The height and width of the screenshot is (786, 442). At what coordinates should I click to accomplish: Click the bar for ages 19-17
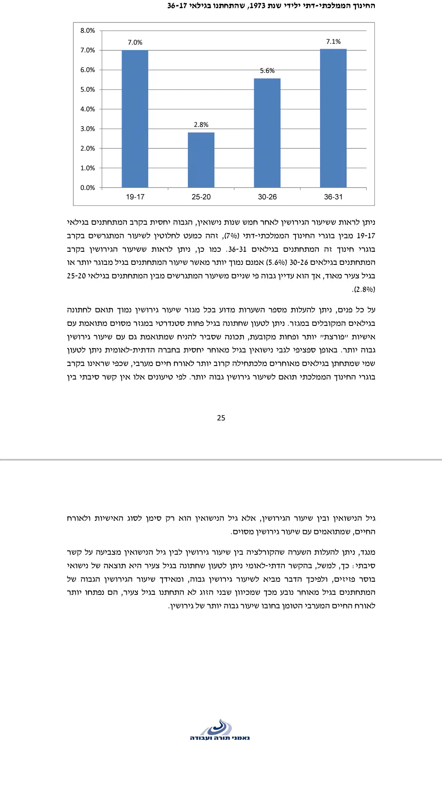(135, 119)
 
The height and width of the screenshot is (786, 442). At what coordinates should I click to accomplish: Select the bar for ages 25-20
(201, 160)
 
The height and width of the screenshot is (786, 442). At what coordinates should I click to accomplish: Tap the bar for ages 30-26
(267, 133)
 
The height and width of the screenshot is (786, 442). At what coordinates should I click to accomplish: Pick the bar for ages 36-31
(333, 118)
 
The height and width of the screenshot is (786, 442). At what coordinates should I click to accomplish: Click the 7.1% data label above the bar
(333, 42)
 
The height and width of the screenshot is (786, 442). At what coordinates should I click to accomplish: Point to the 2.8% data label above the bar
(201, 125)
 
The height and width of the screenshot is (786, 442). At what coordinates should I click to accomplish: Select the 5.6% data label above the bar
(267, 71)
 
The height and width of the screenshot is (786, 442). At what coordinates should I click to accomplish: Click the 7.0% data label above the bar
(135, 43)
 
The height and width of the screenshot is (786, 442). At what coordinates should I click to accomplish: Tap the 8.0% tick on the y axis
(88, 31)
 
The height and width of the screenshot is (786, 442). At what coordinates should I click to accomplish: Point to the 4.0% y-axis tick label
(88, 109)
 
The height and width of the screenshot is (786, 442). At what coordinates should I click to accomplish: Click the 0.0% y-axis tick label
(88, 188)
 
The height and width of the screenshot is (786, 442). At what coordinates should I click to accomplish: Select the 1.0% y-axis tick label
(88, 168)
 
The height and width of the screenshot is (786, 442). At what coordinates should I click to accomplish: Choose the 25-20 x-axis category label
(201, 197)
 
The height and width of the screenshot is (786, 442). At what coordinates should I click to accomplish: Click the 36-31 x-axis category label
(333, 197)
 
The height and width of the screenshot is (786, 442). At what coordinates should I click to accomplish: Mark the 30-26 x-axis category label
(267, 197)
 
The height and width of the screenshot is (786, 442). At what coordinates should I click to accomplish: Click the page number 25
(221, 418)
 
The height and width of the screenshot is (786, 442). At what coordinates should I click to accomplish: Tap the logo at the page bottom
(220, 730)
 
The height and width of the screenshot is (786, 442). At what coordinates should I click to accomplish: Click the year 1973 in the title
(257, 6)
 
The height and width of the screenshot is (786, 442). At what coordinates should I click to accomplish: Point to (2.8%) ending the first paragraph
(363, 289)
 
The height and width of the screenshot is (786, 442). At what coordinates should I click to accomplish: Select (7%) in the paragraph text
(232, 236)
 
